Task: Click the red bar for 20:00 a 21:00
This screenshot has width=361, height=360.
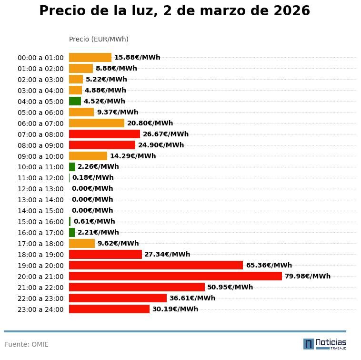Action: (x=175, y=276)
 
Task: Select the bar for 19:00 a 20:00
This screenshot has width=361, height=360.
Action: (x=156, y=265)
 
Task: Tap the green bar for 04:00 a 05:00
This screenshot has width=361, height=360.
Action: (x=75, y=101)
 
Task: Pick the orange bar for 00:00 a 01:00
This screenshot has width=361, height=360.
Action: (x=90, y=57)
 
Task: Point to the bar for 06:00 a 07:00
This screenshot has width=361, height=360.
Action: (x=97, y=123)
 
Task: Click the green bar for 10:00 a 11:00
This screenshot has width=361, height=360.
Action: (x=72, y=167)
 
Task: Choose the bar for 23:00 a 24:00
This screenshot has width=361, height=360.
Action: (x=109, y=309)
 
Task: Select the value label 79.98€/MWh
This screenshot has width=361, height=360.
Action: (x=307, y=276)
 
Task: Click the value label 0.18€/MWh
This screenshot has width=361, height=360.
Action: (x=93, y=178)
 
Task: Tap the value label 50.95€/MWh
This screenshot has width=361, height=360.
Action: (x=230, y=287)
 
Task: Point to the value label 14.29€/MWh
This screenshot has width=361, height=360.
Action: (x=133, y=156)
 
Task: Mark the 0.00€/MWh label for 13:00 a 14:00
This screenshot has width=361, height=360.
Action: (x=92, y=200)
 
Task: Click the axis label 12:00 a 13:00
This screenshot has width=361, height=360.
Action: (x=40, y=189)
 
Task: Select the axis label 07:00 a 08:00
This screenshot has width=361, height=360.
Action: (x=40, y=134)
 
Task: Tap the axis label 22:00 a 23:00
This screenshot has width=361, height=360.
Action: (x=40, y=298)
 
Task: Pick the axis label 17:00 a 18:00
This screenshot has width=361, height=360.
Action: (x=40, y=244)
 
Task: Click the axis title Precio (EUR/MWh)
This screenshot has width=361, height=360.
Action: (x=99, y=39)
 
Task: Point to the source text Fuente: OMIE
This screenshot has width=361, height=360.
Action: (x=27, y=344)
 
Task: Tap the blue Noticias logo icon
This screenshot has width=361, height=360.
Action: (x=309, y=344)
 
